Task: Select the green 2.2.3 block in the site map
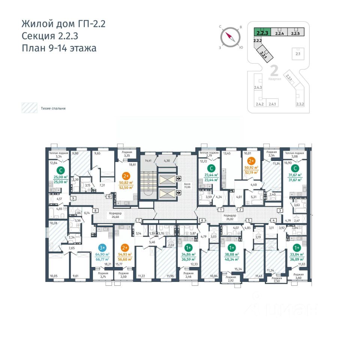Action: pos(262,32)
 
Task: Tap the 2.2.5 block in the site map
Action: pos(295,32)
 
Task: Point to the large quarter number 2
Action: pos(274,70)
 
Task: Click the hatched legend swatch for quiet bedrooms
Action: pos(29,108)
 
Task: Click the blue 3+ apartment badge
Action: pos(102,247)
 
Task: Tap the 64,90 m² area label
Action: pos(102,255)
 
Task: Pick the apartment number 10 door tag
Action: pos(109,196)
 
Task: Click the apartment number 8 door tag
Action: pos(96,211)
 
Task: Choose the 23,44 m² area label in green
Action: pos(212,175)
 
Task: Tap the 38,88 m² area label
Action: pos(232,254)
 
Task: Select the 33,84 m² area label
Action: pos(296,254)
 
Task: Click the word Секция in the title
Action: pos(36,36)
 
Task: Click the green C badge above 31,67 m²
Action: pos(296,168)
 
